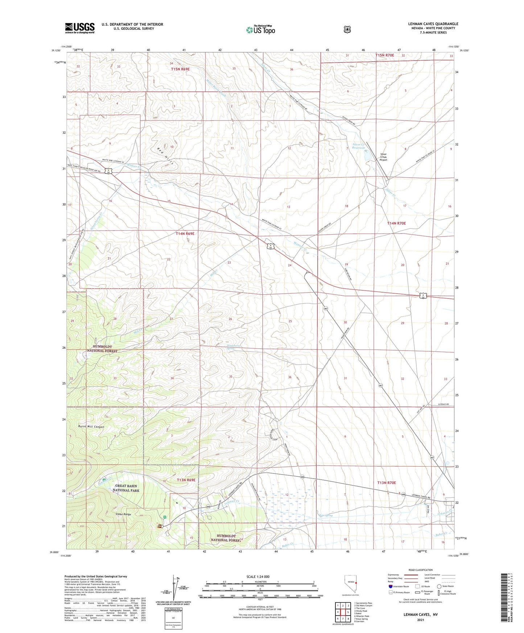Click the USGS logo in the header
click(80, 28)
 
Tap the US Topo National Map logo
click(260, 29)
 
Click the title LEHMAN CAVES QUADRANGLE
click(433, 24)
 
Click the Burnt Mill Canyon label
click(91, 427)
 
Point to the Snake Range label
click(123, 514)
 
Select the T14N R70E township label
click(396, 223)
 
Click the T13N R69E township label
click(186, 480)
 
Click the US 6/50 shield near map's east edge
click(424, 296)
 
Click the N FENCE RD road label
click(443, 404)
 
